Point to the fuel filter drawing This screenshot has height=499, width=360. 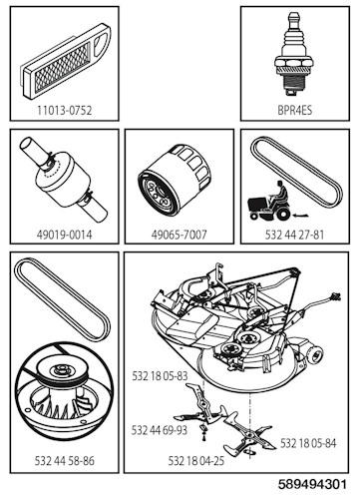tap(60, 186)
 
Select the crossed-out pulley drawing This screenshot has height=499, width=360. tap(62, 400)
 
